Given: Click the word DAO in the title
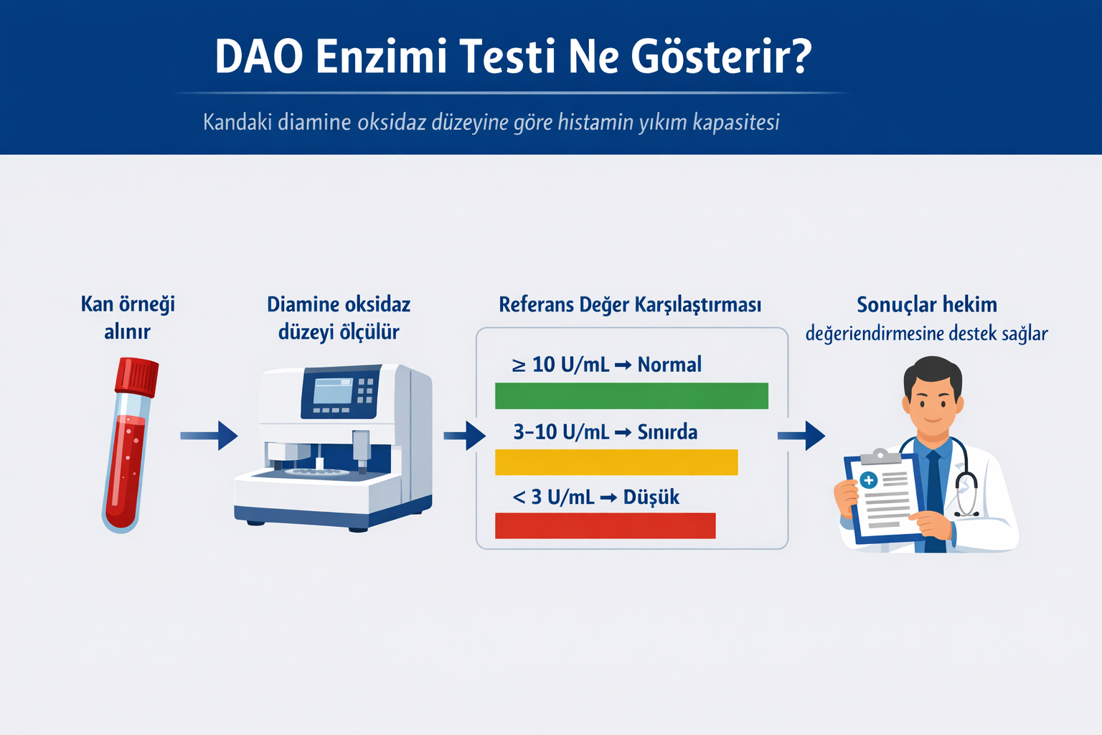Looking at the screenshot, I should coord(259,57).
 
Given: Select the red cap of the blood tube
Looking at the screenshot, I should coord(138,376).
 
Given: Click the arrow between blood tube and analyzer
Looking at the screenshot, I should coord(209,435).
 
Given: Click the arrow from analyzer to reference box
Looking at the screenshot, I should coord(465,435).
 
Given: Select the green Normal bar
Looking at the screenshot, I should coord(631,395).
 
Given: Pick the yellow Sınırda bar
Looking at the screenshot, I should coord(616,462).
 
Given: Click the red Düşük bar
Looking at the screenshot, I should coord(605,525).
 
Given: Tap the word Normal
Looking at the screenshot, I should coord(669,365).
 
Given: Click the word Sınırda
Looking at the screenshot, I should coord(667,432).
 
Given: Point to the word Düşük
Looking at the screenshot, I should coord(651,497).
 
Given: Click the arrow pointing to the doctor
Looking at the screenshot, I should coord(801,435).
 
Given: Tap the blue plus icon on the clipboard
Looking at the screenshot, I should coord(869,480).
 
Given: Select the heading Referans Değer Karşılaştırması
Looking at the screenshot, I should coord(630,305).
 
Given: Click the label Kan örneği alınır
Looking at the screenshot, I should coord(128,317).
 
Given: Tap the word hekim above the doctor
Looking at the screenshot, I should coord(969,305).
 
